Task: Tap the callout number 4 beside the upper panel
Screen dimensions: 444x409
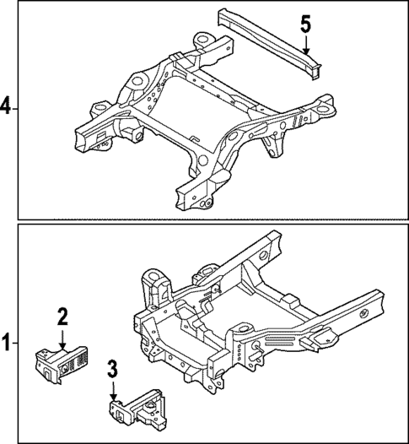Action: [6, 106]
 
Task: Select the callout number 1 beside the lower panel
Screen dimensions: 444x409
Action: [6, 344]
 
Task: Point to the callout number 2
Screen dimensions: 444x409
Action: [62, 317]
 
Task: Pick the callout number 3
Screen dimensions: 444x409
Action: [112, 369]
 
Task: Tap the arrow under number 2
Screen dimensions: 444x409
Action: [62, 339]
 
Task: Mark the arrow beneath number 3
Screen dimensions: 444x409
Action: [112, 391]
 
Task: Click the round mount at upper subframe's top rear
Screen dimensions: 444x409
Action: [202, 40]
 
